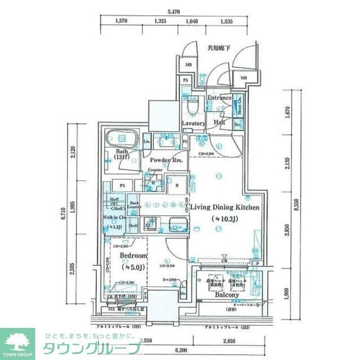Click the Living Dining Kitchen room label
pyautogui.click(x=224, y=208)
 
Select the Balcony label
pyautogui.click(x=226, y=294)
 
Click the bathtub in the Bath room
pyautogui.click(x=121, y=138)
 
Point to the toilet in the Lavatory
pyautogui.click(x=193, y=105)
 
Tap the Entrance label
pyautogui.click(x=219, y=98)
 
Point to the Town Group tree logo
pyautogui.click(x=17, y=341)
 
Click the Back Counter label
pyautogui.click(x=133, y=206)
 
